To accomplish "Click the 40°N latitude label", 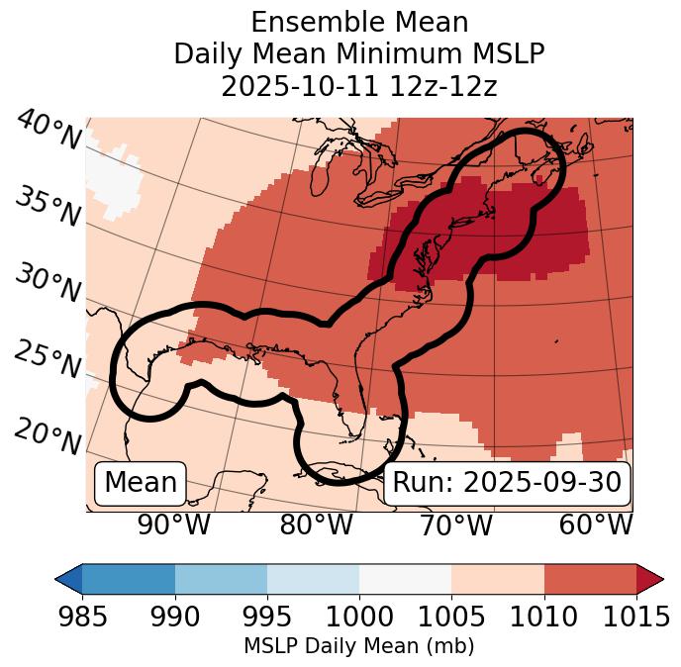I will (x=49, y=132).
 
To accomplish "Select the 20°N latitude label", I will (x=48, y=436).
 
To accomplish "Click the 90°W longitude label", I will (x=173, y=524).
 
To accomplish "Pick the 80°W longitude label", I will (x=316, y=524).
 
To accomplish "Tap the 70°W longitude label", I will (x=455, y=524).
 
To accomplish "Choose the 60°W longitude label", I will (x=595, y=524).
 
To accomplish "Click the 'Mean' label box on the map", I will (x=141, y=483).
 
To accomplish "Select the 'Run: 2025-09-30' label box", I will (x=507, y=483).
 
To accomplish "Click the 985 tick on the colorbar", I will (x=82, y=617).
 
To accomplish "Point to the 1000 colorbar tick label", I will (x=359, y=617).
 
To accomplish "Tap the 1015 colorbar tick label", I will (x=636, y=617).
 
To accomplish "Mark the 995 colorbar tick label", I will (x=267, y=617).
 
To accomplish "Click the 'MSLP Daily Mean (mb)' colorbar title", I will (x=358, y=647).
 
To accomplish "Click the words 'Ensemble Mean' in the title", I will (x=359, y=22).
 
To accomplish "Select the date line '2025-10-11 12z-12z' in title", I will (x=359, y=86).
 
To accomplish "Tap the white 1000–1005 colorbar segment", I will (x=405, y=578).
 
